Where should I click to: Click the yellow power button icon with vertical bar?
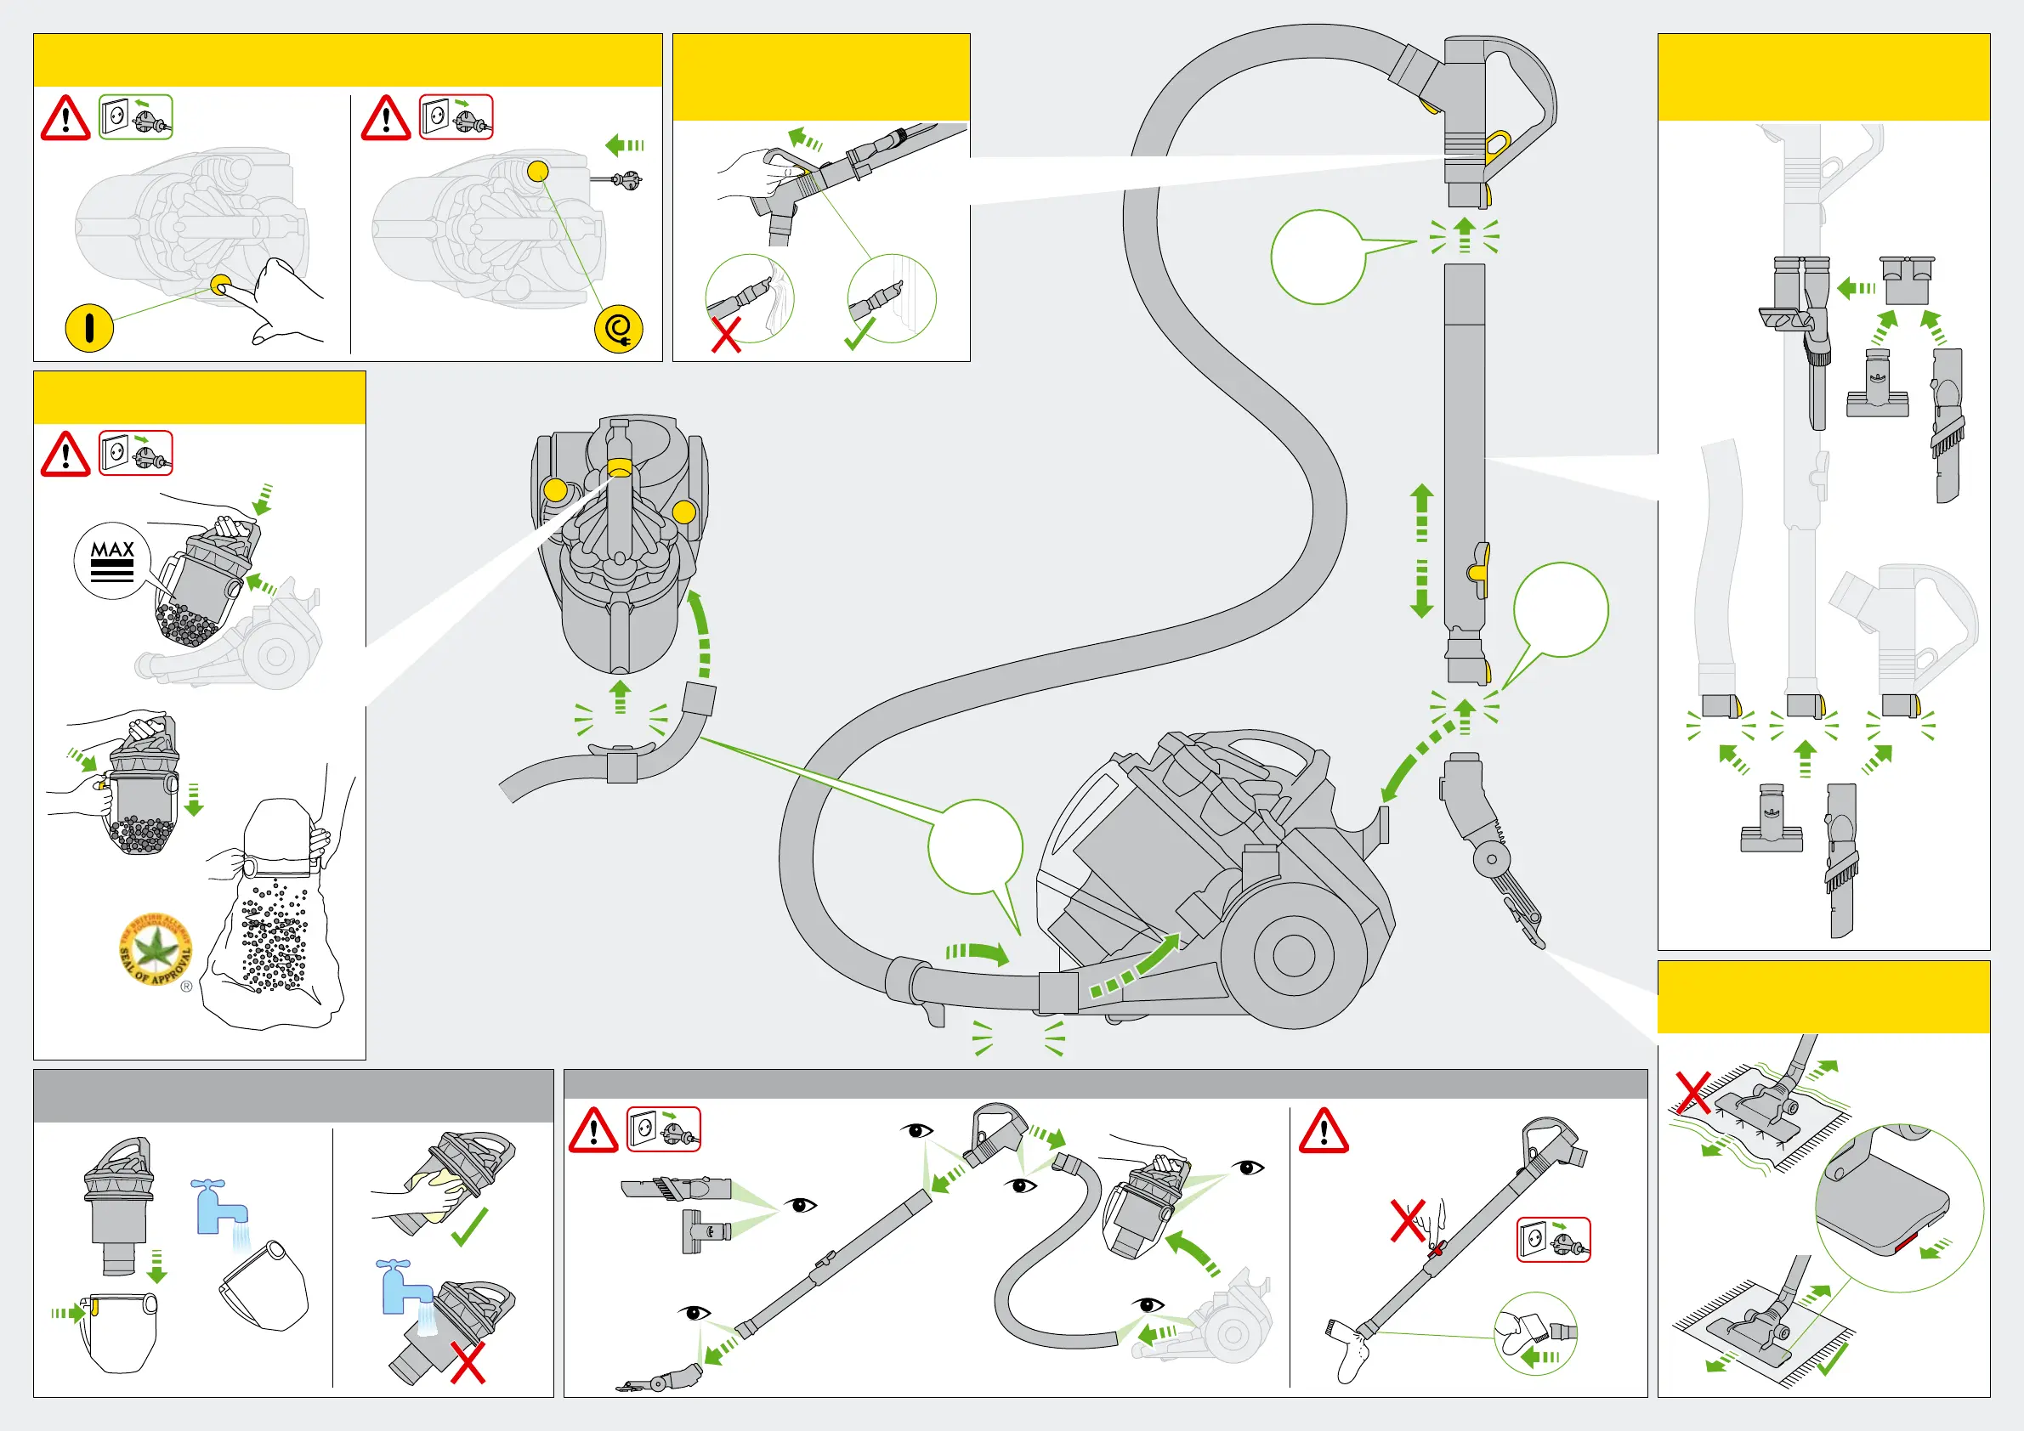(x=89, y=328)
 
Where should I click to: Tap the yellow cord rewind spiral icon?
(x=618, y=329)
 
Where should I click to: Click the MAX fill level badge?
(x=113, y=560)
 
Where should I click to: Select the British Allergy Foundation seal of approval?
(x=156, y=950)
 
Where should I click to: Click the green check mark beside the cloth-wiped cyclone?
(x=469, y=1227)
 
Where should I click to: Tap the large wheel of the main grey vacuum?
(x=1293, y=955)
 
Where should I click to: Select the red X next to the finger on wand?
(x=1407, y=1220)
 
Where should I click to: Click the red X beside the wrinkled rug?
(x=1692, y=1093)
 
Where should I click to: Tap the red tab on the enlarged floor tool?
(x=1909, y=1244)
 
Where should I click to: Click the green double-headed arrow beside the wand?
(x=1421, y=550)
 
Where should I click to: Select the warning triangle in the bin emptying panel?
(x=65, y=455)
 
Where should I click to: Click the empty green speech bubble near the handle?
(x=1318, y=257)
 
